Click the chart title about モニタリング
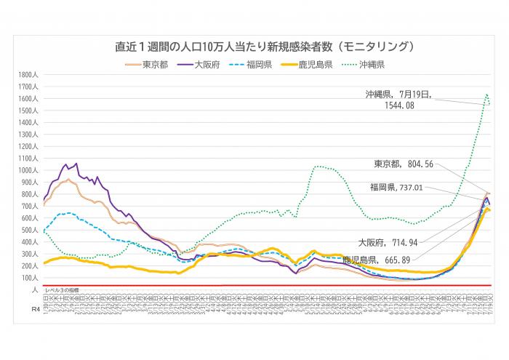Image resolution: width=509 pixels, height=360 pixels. click(254, 47)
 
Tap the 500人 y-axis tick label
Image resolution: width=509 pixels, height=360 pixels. click(30, 231)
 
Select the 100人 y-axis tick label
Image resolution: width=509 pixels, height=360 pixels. click(30, 278)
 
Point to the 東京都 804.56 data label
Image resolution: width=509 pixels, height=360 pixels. click(404, 164)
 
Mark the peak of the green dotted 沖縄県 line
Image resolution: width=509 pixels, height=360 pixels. click(486, 94)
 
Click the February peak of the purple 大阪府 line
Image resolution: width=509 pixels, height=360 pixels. click(76, 164)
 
